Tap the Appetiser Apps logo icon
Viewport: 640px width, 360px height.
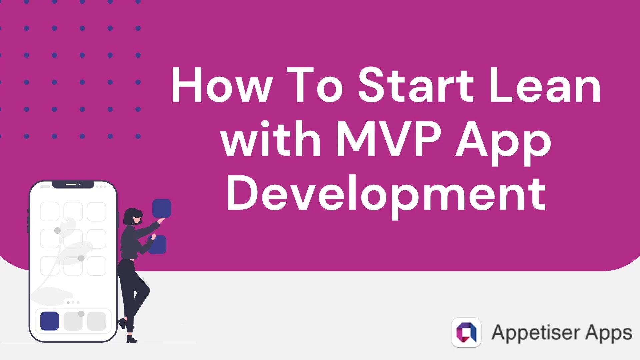(x=466, y=332)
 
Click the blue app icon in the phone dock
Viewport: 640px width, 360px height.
(x=50, y=321)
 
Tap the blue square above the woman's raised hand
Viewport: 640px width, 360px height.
(x=162, y=208)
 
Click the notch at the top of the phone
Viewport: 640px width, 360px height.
(x=73, y=184)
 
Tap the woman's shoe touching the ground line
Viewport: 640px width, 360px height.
(x=131, y=339)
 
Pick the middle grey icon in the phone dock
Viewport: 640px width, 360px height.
(x=73, y=321)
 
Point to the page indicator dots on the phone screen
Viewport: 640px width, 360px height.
(x=73, y=302)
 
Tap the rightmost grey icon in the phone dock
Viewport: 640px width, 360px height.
(x=96, y=321)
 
